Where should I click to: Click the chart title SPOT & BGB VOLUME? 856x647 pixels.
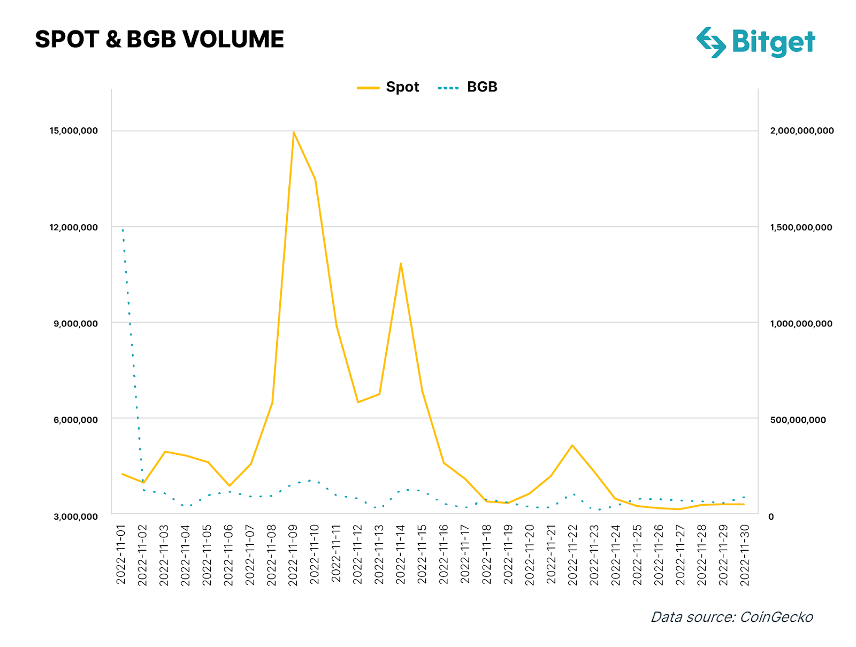[159, 40]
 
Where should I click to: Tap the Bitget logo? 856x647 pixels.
[755, 42]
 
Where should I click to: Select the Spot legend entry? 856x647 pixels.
[389, 87]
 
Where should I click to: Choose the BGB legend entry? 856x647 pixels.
[468, 87]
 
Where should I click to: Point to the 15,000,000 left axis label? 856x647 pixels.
[73, 131]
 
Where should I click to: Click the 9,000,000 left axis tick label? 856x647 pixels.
[75, 324]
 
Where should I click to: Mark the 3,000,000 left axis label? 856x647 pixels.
[75, 516]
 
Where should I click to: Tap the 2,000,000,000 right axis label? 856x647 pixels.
[801, 131]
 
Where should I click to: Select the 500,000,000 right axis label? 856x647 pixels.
[798, 420]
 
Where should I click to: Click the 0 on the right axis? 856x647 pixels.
[771, 516]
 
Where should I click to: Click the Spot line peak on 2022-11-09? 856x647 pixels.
[294, 132]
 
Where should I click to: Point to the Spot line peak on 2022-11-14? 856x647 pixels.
[401, 263]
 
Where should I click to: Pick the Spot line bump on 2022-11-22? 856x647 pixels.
[572, 445]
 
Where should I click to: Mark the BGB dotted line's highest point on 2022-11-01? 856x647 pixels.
[123, 230]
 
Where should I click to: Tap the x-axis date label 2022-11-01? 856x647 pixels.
[121, 554]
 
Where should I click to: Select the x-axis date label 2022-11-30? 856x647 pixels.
[744, 554]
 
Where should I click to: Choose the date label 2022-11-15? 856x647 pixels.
[422, 554]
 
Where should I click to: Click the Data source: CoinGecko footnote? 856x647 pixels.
[731, 617]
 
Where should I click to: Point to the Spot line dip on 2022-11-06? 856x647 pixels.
[230, 486]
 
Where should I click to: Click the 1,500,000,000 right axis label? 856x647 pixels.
[801, 227]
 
